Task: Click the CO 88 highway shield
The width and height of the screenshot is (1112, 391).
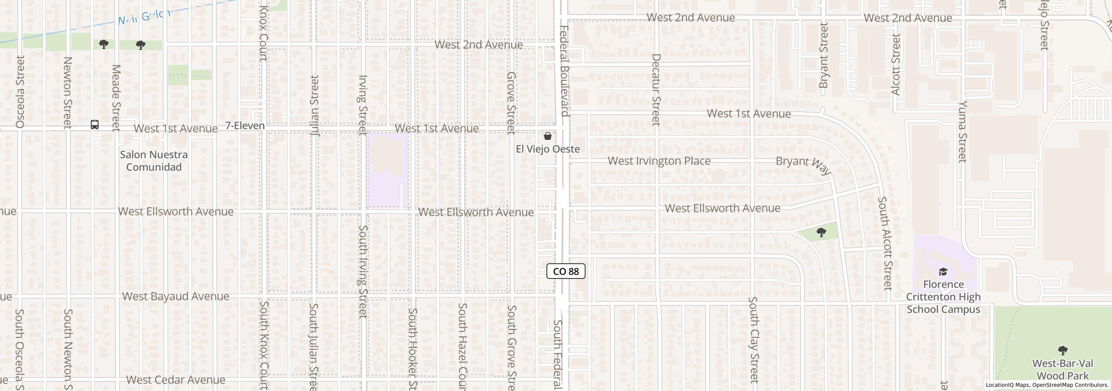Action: (566, 272)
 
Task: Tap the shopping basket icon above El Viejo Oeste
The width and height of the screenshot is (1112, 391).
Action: (548, 136)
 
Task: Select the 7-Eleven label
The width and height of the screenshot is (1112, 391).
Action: (245, 126)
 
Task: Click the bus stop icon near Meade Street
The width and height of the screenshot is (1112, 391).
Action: (95, 125)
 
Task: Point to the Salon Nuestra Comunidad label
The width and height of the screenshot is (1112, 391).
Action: (154, 161)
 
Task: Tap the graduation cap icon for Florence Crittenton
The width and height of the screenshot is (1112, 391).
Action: (943, 272)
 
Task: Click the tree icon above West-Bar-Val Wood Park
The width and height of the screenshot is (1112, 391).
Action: (1062, 350)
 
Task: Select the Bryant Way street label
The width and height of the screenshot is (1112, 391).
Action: (803, 165)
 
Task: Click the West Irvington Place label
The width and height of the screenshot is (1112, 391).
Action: (659, 161)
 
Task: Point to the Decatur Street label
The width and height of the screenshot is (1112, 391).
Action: (656, 89)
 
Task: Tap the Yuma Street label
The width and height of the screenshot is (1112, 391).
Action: (963, 131)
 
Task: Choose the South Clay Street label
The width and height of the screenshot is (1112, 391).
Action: (753, 340)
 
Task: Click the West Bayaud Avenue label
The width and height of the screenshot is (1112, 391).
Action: (175, 296)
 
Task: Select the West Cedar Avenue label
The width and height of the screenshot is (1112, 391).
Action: (175, 380)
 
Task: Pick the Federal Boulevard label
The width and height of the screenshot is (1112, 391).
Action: (564, 71)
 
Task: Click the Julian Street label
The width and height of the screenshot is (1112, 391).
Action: (314, 106)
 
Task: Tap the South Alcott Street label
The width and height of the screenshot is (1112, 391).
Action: (885, 243)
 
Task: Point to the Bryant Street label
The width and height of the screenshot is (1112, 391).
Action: (824, 55)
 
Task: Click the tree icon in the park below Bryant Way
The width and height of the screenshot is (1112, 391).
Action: (821, 232)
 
